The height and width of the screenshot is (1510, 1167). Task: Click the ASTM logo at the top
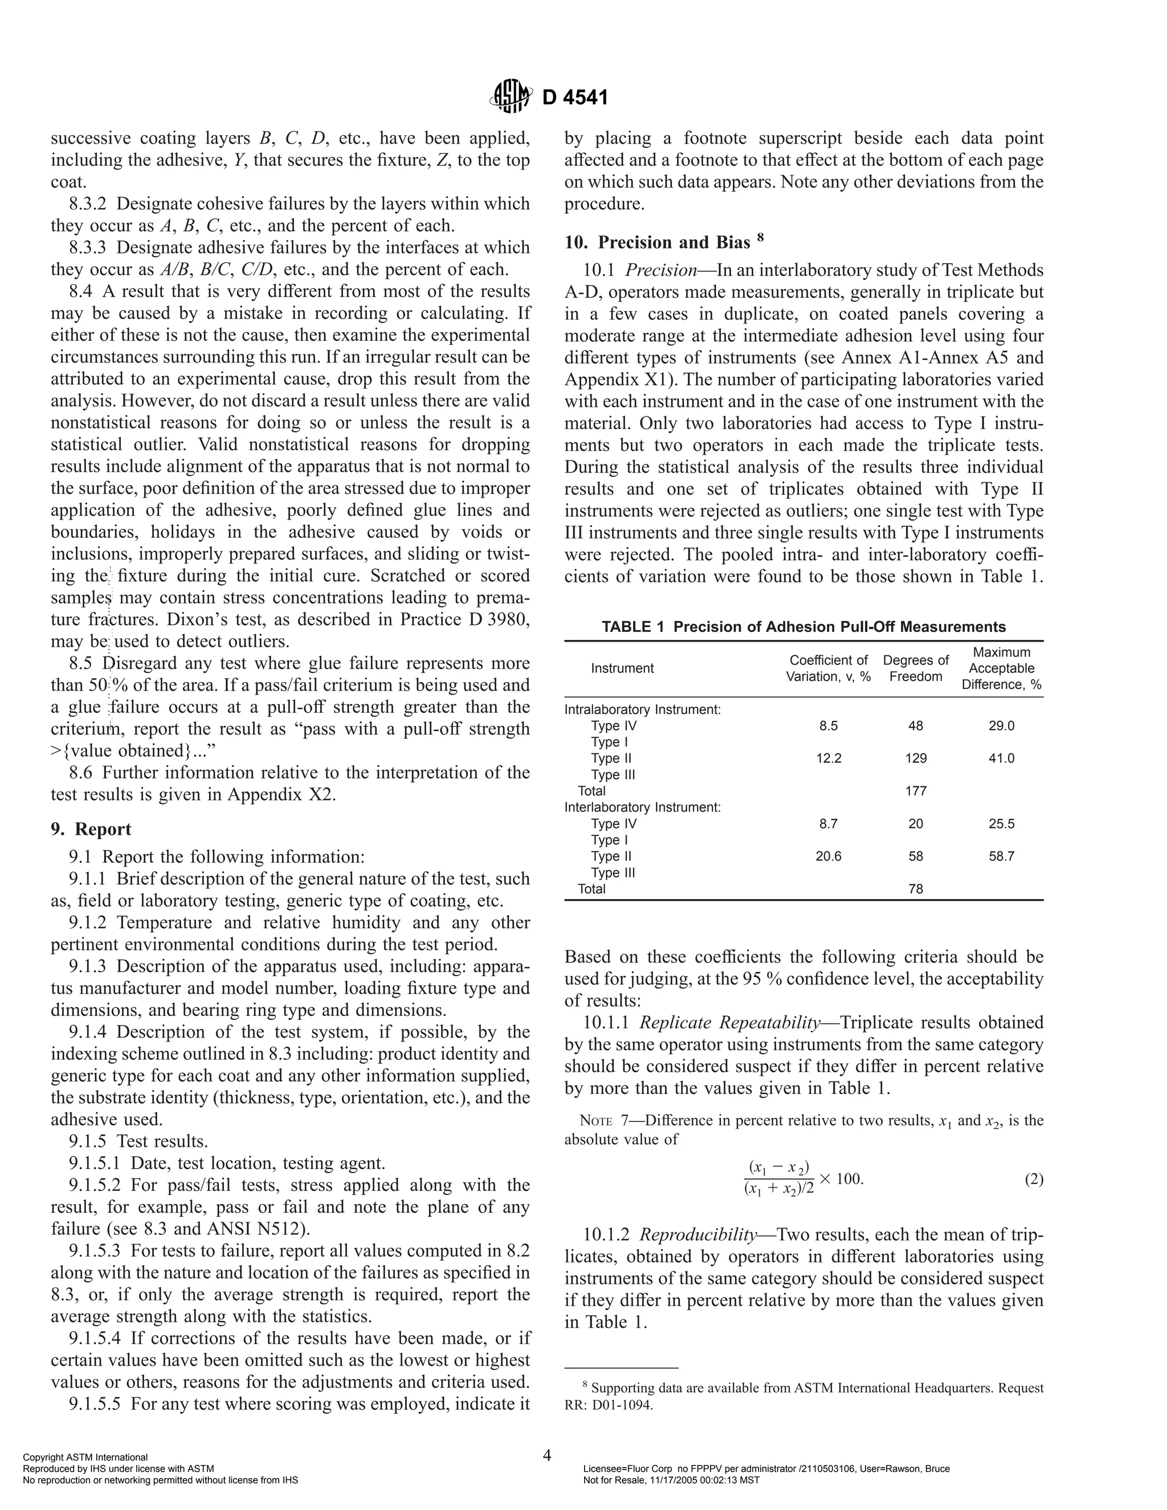pyautogui.click(x=511, y=96)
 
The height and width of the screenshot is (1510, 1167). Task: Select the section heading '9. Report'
pyautogui.click(x=91, y=829)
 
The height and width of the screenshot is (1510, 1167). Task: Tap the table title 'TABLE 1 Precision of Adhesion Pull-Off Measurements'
pyautogui.click(x=803, y=627)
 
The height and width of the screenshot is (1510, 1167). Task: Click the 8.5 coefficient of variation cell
pyautogui.click(x=828, y=726)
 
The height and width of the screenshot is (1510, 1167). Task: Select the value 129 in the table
pyautogui.click(x=915, y=758)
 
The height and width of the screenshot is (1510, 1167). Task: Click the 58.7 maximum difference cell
pyautogui.click(x=1001, y=856)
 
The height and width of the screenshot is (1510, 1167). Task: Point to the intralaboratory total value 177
pyautogui.click(x=915, y=791)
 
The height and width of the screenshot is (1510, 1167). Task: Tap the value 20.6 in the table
pyautogui.click(x=828, y=856)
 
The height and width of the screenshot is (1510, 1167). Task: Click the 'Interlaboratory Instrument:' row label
pyautogui.click(x=642, y=807)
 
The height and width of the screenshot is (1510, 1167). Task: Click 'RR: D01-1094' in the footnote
pyautogui.click(x=609, y=1406)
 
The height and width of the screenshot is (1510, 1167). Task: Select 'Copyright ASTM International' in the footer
pyautogui.click(x=85, y=1458)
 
